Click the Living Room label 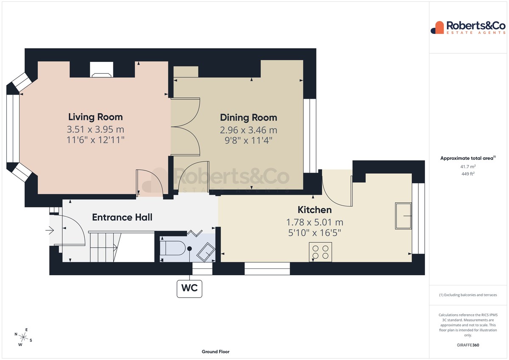(95, 117)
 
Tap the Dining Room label (249, 117)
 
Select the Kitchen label (314, 209)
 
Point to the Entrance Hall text (122, 218)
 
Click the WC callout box (189, 289)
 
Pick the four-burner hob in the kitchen (320, 252)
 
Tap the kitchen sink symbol (403, 216)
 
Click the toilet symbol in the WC (172, 248)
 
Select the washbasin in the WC (206, 252)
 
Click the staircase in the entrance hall (103, 247)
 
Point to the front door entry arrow (50, 231)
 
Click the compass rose (23, 337)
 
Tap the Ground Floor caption (215, 352)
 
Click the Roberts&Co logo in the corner (468, 28)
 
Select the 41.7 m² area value (468, 167)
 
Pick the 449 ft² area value (468, 174)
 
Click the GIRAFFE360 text (468, 345)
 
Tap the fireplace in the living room (101, 70)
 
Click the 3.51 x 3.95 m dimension (95, 129)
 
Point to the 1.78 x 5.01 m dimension (314, 222)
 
